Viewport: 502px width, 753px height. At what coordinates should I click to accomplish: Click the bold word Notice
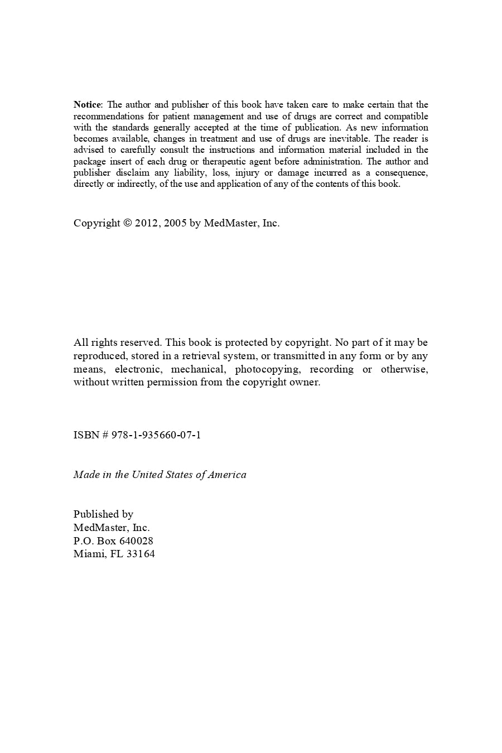88,105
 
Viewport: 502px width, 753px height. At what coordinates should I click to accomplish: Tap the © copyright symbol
127,223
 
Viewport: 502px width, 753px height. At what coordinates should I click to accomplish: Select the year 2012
147,223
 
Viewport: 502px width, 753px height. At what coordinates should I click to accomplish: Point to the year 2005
175,223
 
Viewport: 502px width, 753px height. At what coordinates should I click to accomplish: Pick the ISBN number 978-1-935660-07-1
156,435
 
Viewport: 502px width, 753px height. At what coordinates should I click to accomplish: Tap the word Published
97,514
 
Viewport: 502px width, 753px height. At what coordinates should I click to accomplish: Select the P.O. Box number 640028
136,541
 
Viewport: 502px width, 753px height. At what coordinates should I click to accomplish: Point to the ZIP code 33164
141,554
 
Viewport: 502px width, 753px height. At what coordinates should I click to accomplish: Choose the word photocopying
267,369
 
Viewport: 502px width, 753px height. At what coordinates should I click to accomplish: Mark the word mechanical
198,369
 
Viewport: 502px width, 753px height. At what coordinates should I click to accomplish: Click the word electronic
138,369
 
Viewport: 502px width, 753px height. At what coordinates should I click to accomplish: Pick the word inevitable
346,138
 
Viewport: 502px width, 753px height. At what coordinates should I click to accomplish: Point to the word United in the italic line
147,475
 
